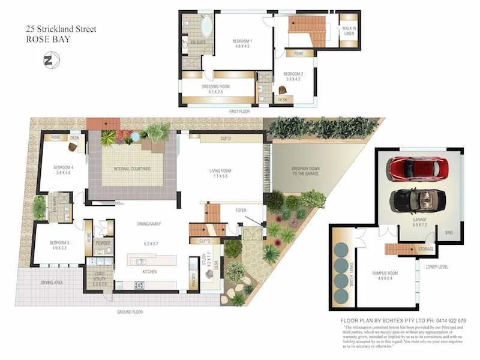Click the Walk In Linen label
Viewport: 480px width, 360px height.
click(x=349, y=31)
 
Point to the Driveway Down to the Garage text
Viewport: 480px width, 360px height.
click(x=306, y=172)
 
